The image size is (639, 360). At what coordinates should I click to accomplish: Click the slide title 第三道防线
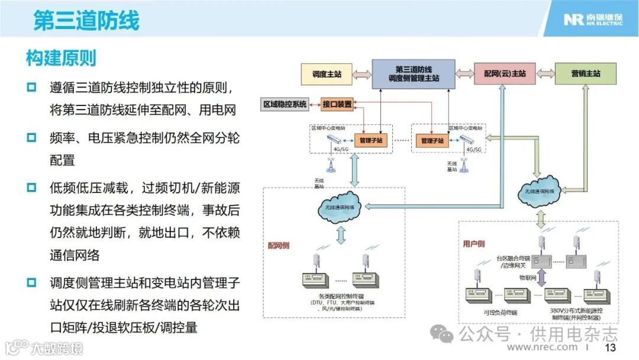(x=86, y=20)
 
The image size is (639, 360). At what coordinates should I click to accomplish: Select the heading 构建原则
(x=61, y=58)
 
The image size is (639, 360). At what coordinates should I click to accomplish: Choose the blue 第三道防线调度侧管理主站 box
(x=414, y=74)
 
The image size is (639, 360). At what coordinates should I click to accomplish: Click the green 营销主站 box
(x=585, y=74)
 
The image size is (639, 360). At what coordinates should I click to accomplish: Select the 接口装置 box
(x=337, y=105)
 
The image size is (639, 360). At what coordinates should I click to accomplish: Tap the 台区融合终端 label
(x=512, y=258)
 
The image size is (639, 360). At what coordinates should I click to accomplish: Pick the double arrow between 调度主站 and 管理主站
(x=361, y=74)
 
